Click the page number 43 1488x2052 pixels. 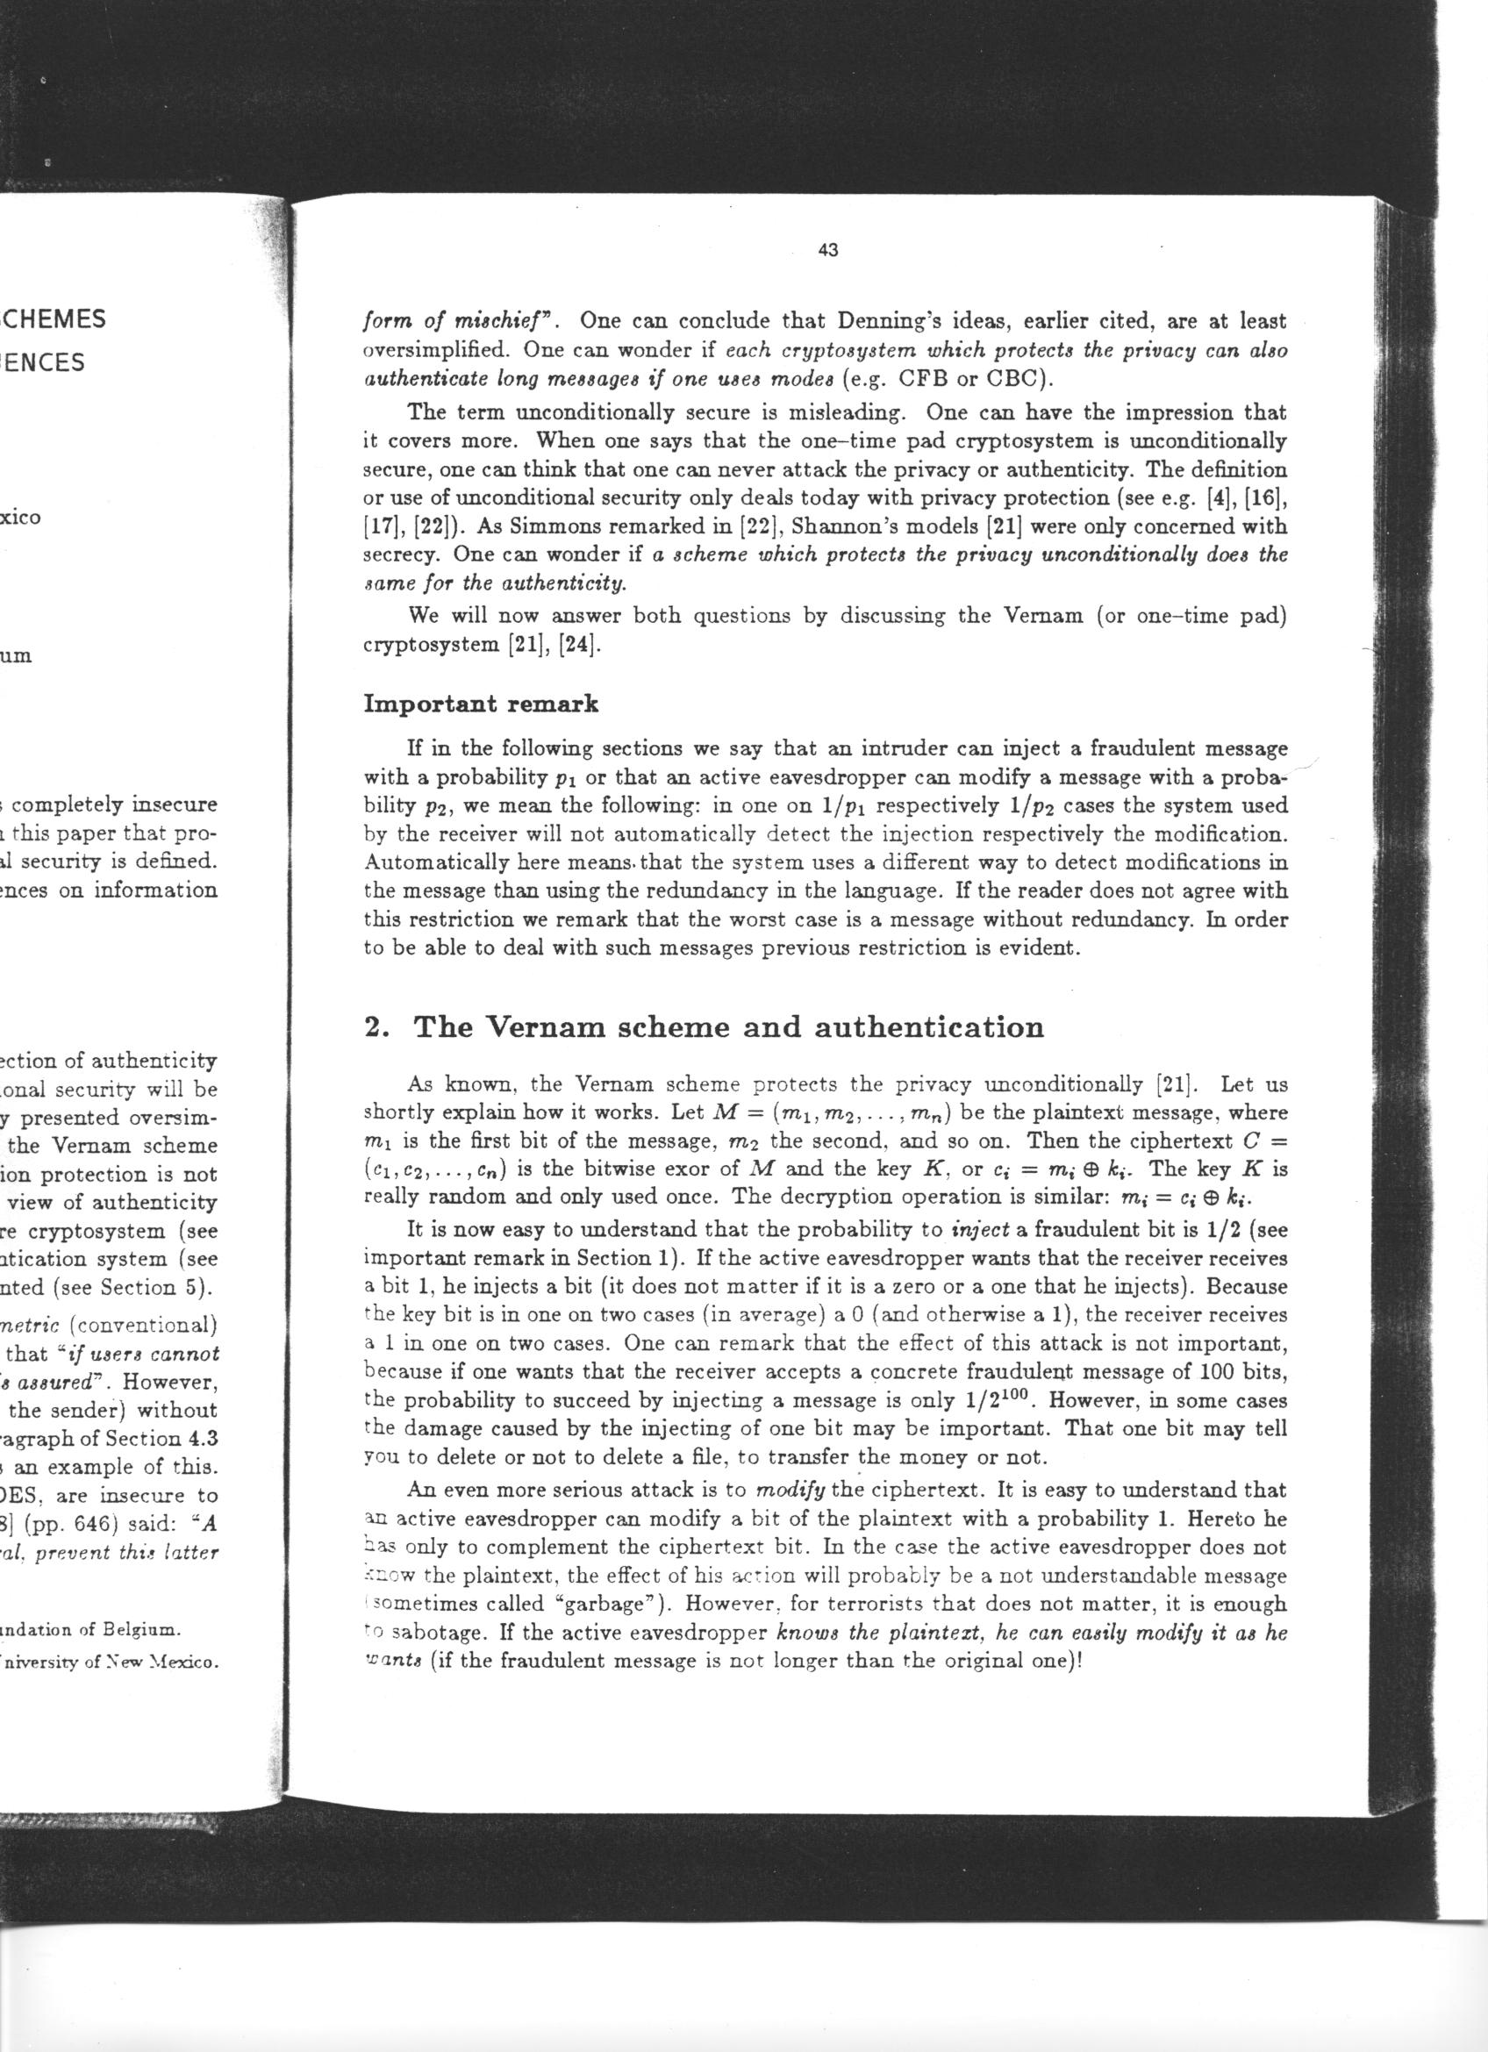coord(827,252)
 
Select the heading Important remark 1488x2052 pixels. coord(480,704)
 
